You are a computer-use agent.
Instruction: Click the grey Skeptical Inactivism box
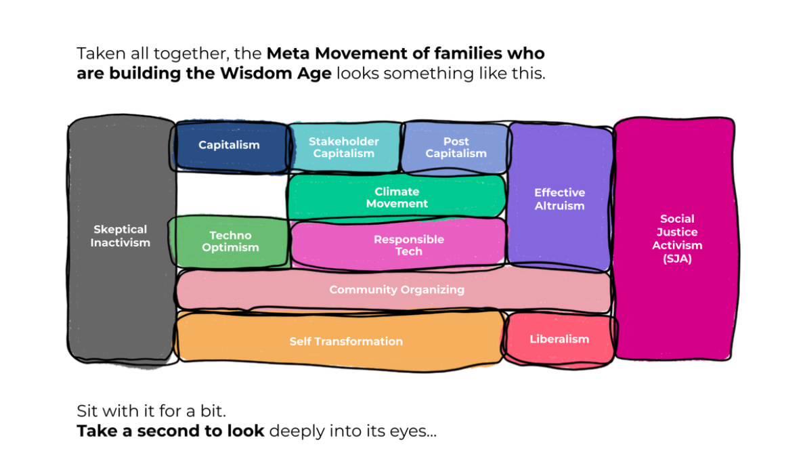(121, 237)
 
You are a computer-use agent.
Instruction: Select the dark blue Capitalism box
(229, 145)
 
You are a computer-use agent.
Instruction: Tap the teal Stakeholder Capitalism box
(344, 148)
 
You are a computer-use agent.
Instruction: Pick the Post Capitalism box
(456, 148)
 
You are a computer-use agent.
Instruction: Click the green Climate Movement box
(397, 198)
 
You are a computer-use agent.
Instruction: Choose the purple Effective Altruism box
(559, 199)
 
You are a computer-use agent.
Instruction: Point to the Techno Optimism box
(230, 242)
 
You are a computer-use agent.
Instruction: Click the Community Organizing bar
(397, 290)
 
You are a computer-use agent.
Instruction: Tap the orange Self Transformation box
(346, 341)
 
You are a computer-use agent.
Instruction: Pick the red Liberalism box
(559, 339)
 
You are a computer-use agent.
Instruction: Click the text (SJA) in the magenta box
(676, 259)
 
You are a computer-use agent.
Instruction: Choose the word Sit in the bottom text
(87, 411)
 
